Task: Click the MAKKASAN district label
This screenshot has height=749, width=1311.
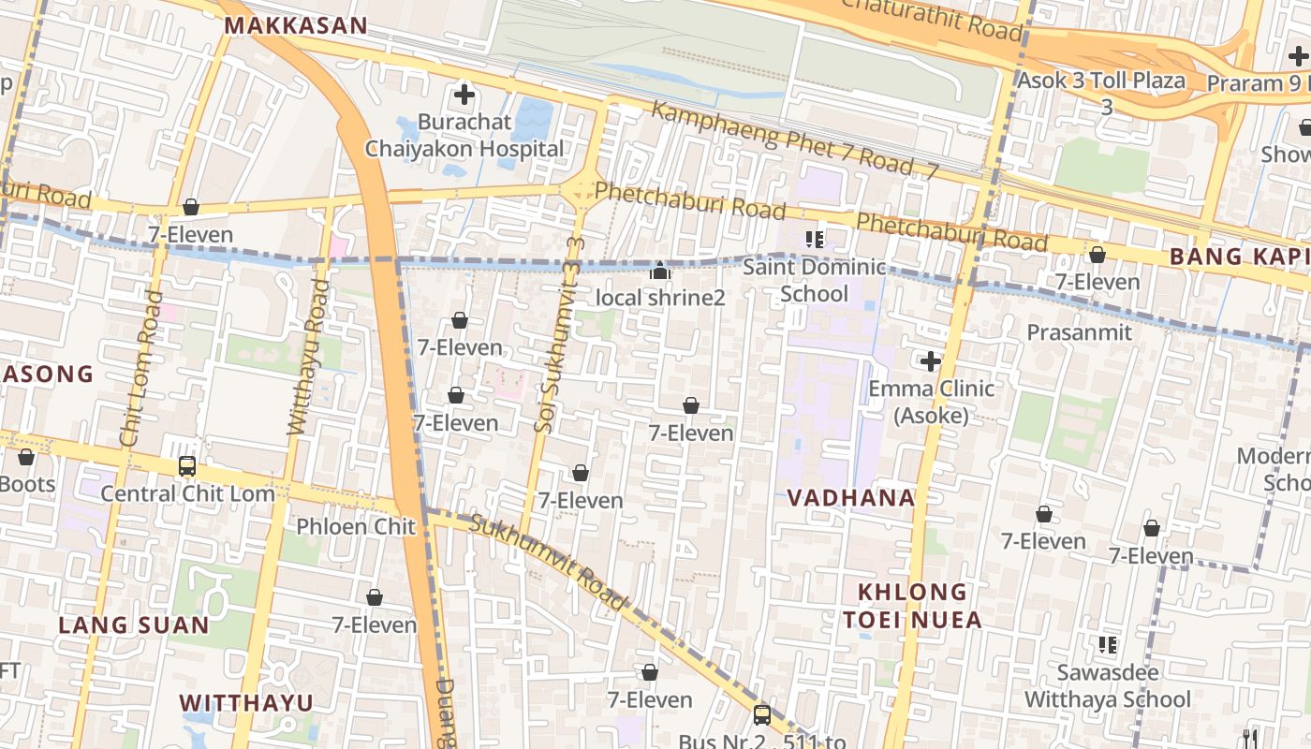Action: click(297, 25)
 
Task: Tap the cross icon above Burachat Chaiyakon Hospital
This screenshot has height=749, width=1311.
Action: click(464, 94)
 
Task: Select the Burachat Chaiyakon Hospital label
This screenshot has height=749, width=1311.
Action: click(464, 136)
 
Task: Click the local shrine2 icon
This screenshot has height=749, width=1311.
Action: click(660, 272)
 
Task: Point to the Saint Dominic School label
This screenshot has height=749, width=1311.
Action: click(814, 280)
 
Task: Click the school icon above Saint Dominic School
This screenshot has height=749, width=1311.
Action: click(814, 240)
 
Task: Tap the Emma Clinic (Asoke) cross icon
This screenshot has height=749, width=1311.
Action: click(930, 361)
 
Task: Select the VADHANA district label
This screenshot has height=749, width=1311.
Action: click(850, 498)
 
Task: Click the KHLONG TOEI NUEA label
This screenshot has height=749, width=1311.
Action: click(912, 606)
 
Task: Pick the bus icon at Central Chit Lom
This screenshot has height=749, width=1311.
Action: click(187, 465)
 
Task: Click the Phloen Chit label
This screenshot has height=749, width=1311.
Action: click(356, 526)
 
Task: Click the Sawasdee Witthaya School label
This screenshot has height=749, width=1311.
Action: click(1108, 686)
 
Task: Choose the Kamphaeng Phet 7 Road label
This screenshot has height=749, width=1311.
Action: click(794, 140)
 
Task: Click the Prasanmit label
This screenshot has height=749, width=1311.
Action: click(1079, 332)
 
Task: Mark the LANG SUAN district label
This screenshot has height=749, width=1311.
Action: click(134, 625)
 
